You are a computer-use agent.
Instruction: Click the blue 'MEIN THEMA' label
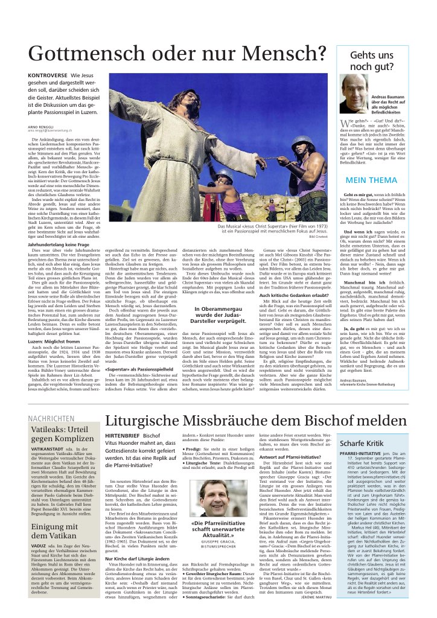[370, 180]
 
